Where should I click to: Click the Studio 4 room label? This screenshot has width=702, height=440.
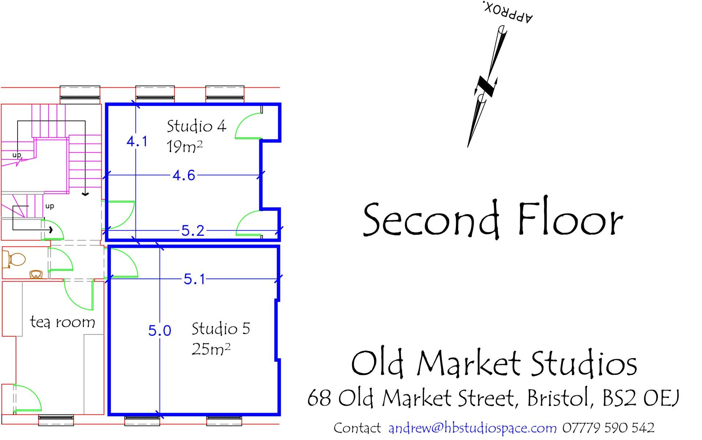[x=196, y=126]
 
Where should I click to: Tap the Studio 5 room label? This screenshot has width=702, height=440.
[x=220, y=329]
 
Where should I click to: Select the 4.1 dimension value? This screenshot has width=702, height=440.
[x=137, y=141]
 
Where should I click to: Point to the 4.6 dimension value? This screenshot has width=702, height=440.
[x=184, y=176]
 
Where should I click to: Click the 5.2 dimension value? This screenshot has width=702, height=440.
[x=193, y=231]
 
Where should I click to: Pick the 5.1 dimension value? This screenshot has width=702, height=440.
[x=195, y=280]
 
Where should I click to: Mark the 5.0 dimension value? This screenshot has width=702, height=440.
[x=159, y=331]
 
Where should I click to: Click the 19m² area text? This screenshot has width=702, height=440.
[x=184, y=147]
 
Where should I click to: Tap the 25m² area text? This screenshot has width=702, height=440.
[x=211, y=349]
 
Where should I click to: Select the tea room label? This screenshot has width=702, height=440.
[x=63, y=322]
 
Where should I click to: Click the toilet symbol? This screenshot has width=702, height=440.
[x=14, y=259]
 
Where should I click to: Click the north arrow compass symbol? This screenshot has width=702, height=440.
[x=487, y=87]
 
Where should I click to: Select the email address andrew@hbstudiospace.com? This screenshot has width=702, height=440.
[x=472, y=428]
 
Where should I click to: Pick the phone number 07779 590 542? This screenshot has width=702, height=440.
[x=608, y=428]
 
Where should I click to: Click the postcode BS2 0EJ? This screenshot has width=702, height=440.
[x=641, y=398]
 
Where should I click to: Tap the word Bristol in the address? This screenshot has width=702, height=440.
[x=558, y=398]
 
